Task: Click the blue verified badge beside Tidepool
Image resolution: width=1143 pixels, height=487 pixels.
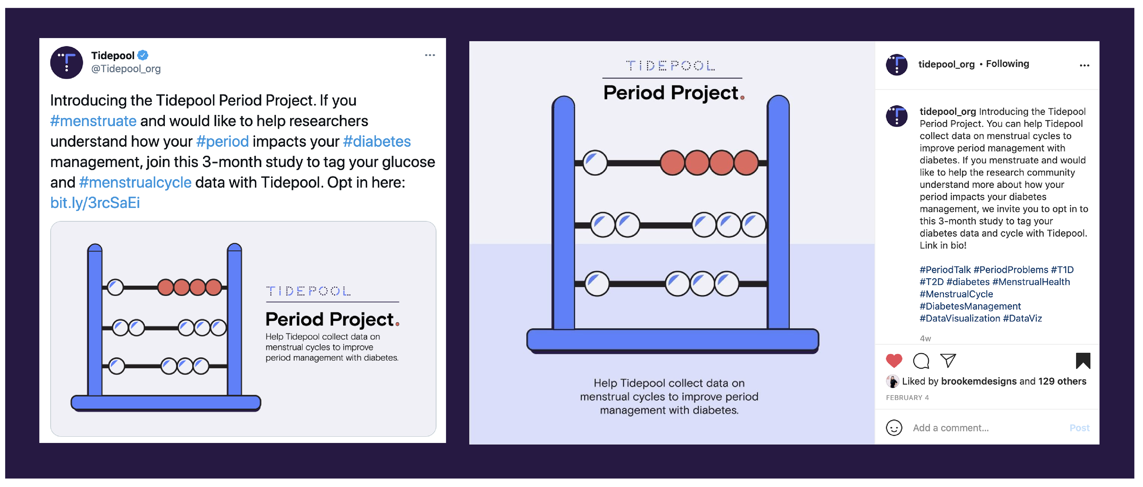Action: point(143,55)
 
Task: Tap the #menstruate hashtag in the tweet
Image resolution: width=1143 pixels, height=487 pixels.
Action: point(93,121)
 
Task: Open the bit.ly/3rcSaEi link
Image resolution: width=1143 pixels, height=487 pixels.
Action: point(95,203)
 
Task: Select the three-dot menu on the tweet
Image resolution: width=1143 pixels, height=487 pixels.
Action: point(430,55)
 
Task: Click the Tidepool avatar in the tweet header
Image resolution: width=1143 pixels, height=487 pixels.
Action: point(67,63)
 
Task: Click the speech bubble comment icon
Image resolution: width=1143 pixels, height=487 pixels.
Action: point(921,360)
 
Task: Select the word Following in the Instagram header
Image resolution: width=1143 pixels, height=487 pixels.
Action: point(1007,64)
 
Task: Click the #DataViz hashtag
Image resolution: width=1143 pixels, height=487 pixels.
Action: point(1022,318)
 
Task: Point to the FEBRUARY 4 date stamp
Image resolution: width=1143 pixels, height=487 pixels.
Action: point(907,398)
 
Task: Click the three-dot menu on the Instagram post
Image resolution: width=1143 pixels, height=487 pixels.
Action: point(1084,65)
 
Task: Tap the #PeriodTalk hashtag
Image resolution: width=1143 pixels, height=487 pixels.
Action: point(945,270)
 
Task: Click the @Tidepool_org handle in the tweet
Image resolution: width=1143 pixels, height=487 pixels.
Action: point(126,69)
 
